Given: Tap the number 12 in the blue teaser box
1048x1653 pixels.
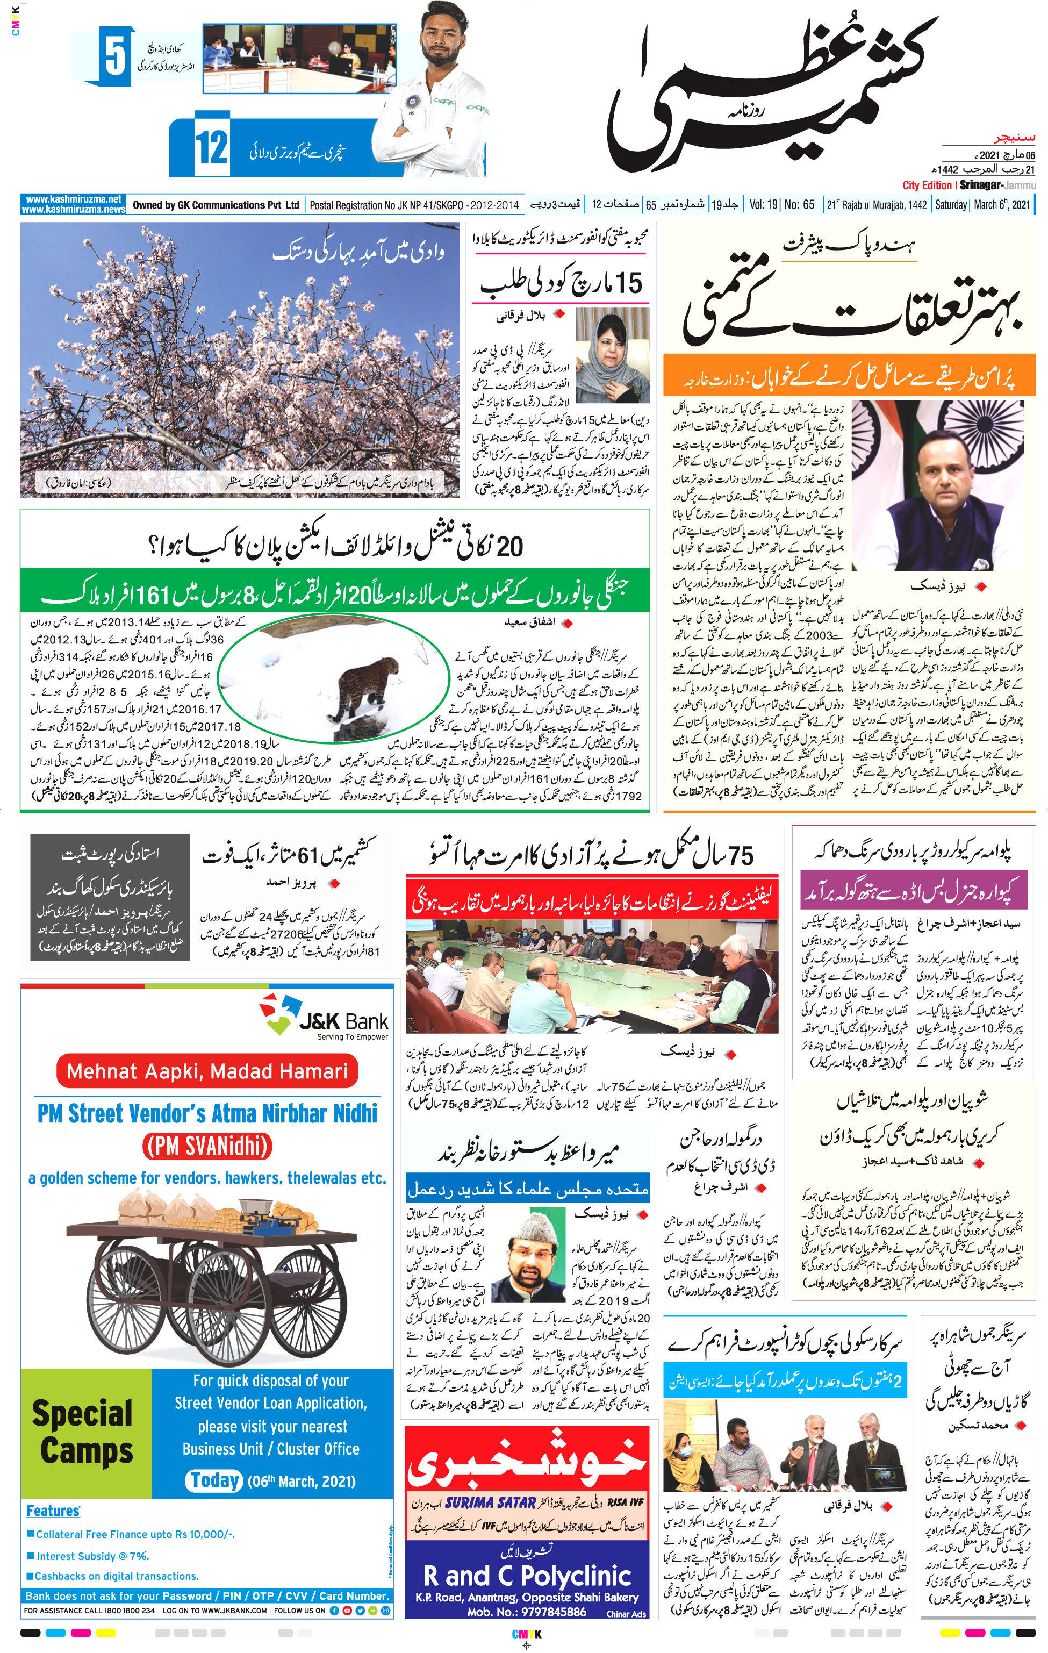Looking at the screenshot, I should click(x=211, y=148).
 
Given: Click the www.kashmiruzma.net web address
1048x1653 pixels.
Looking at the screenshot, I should click(x=73, y=199).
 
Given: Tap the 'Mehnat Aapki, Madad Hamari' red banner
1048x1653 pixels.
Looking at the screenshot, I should click(x=207, y=1071).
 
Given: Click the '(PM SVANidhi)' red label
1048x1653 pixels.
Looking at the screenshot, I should click(x=207, y=1145).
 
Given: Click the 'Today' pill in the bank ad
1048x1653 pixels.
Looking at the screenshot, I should click(x=214, y=1480).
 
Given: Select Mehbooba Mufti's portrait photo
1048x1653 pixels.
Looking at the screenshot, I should click(x=612, y=355).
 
